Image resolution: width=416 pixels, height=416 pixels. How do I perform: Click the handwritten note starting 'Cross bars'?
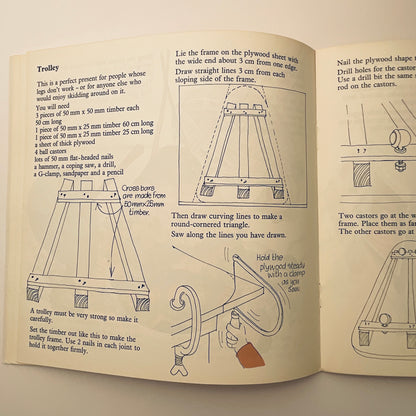coord(121,199)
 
